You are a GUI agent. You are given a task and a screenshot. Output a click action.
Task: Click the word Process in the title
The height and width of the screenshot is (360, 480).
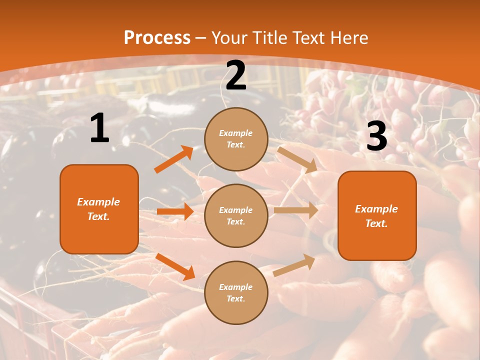pos(157,38)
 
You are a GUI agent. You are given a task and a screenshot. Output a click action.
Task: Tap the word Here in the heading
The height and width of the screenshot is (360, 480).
pos(349,38)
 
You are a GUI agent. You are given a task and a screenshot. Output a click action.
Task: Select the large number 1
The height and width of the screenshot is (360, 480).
pos(99,128)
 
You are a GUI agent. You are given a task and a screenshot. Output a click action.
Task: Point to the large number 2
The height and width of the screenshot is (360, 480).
pos(236,75)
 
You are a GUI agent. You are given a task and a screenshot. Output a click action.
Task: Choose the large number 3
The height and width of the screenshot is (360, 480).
pos(376,136)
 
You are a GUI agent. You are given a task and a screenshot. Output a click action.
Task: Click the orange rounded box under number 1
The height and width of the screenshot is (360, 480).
pos(99,209)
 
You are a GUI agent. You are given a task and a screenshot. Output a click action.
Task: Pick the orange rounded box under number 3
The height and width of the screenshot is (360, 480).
pos(377,215)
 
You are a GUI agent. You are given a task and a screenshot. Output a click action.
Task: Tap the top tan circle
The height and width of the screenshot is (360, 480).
pos(236,139)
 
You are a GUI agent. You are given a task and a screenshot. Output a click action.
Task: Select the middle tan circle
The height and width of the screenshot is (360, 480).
pos(236,215)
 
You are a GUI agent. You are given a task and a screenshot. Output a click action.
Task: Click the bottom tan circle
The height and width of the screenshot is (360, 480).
pos(236,292)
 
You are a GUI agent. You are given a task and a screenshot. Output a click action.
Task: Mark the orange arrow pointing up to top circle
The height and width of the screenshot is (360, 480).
pos(174,159)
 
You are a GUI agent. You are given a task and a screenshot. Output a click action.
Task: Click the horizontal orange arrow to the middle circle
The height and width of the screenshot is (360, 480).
pos(175,211)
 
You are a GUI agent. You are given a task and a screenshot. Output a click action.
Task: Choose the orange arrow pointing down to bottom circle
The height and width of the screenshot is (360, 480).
pos(175,266)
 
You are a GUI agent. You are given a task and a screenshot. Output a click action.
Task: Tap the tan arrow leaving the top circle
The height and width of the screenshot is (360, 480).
pos(297,159)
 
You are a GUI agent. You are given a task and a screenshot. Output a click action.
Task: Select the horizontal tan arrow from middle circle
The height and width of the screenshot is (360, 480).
pos(296,210)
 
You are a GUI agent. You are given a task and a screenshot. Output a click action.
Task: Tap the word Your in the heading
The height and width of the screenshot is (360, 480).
pos(228,38)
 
